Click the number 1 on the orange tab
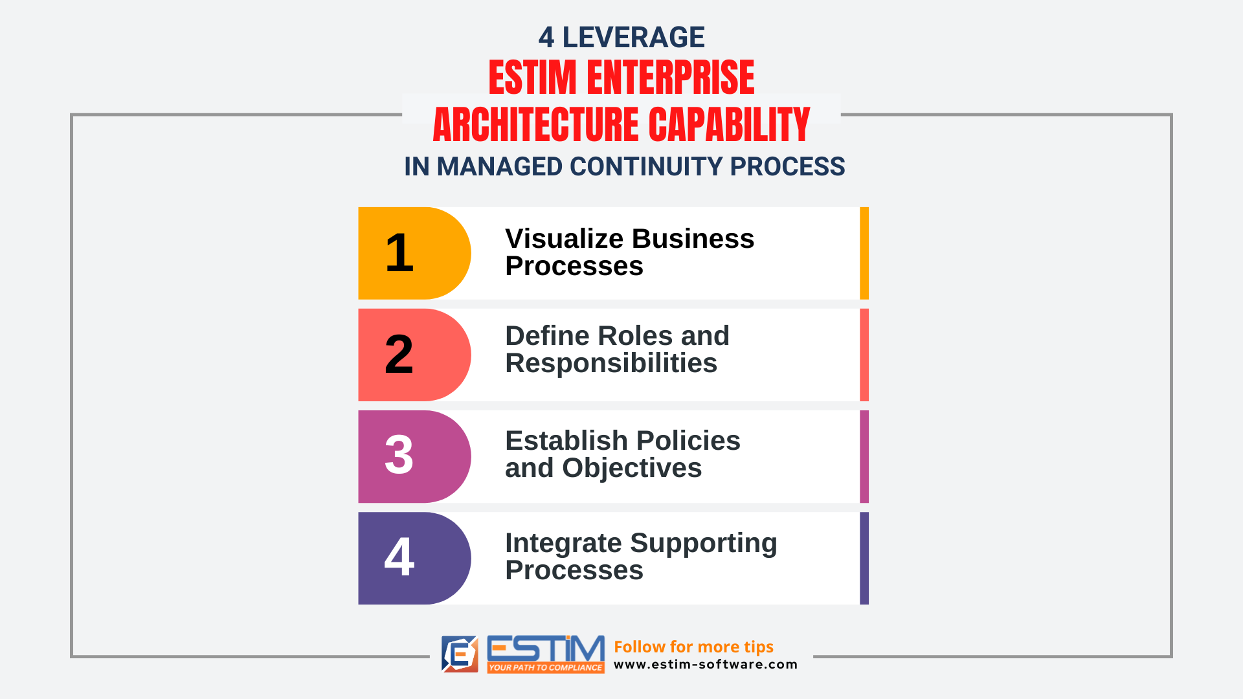tap(399, 253)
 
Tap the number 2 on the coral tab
tap(399, 354)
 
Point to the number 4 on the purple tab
tap(399, 557)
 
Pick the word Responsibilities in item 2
tap(611, 363)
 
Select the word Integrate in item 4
tap(563, 544)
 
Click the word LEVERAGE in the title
tap(633, 38)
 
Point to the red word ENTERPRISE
tap(671, 78)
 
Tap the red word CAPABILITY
tap(729, 125)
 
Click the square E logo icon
tap(460, 654)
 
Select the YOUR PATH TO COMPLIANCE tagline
tap(545, 667)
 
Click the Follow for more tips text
tap(693, 647)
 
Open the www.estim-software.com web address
tap(706, 665)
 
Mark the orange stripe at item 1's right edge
tap(864, 253)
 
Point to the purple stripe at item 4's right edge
tap(864, 559)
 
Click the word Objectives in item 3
tap(632, 468)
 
